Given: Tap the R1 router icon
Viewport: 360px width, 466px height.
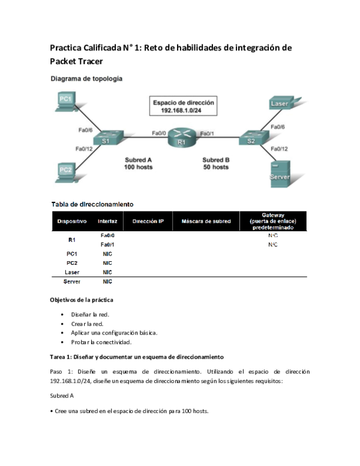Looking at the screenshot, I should click(x=181, y=138).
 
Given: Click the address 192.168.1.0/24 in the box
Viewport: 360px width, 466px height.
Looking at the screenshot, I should click(x=183, y=111).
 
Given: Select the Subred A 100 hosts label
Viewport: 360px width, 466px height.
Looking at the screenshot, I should click(x=139, y=163).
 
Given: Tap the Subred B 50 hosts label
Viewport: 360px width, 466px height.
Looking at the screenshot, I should click(x=215, y=163).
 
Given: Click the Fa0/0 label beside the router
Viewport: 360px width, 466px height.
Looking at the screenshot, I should click(x=159, y=133).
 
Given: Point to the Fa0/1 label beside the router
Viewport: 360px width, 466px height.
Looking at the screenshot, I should click(x=207, y=133).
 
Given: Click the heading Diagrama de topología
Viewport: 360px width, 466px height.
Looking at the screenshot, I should click(x=86, y=79).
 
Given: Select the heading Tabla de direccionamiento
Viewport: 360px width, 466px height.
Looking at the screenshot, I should click(x=92, y=205).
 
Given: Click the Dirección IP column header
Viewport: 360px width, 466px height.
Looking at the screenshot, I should click(x=148, y=221).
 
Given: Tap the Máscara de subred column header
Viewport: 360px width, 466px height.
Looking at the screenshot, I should click(x=206, y=221).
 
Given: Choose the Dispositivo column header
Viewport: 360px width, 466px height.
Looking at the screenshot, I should click(x=72, y=221).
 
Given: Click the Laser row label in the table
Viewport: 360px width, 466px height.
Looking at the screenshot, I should click(x=72, y=272).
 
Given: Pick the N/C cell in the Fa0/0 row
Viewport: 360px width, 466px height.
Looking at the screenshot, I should click(x=273, y=236).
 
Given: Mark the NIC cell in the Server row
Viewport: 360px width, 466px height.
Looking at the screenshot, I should click(x=107, y=281).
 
